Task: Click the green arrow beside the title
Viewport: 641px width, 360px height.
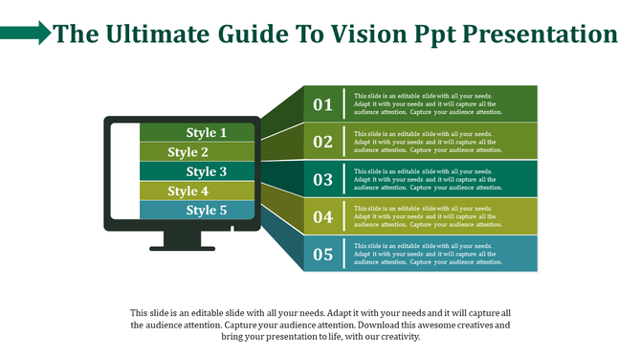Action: click(26, 35)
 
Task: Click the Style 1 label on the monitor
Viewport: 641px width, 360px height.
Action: click(207, 133)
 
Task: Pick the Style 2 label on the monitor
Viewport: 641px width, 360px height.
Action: click(188, 152)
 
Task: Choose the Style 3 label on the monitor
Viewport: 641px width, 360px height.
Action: click(207, 171)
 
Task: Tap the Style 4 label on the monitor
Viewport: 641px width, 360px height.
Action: click(188, 191)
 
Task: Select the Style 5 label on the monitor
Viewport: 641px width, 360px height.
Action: click(207, 210)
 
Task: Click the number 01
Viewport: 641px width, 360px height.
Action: click(322, 104)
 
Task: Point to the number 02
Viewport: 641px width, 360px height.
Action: click(322, 142)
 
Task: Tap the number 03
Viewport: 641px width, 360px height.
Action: click(322, 179)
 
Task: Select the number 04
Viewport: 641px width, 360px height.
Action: click(322, 217)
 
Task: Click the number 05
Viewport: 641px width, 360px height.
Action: click(322, 255)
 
